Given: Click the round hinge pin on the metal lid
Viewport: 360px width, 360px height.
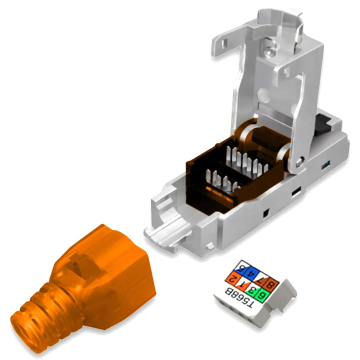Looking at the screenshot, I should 298,160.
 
